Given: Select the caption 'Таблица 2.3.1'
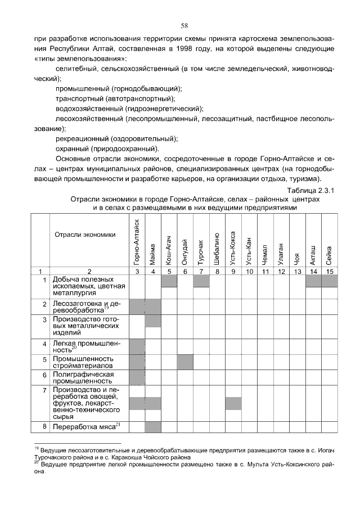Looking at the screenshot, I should pos(310,190).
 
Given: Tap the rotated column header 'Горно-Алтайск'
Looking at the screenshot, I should pos(137,241).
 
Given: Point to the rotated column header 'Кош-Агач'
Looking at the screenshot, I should pos(169,248).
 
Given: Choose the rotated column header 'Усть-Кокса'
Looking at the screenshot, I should pos(233,247).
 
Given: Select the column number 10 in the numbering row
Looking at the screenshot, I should pos(249,272).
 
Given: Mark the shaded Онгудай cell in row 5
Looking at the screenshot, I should pos(185,362).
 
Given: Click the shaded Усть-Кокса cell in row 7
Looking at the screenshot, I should pos(233,403).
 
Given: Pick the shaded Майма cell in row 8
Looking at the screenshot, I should pos(153,427).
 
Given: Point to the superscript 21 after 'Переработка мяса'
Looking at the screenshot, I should pos(118,424).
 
